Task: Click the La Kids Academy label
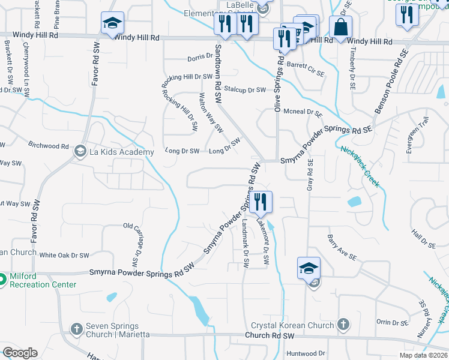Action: point(122,152)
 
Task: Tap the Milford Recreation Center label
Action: point(43,280)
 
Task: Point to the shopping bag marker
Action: point(340,28)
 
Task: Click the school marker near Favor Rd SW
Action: point(112,23)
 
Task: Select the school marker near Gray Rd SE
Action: point(309,268)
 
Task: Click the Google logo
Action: point(20,353)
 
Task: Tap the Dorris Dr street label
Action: point(200,58)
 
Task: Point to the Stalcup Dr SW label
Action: point(245,89)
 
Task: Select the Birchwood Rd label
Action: point(49,146)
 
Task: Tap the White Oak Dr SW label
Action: point(64,255)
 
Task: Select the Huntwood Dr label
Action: point(306,353)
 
